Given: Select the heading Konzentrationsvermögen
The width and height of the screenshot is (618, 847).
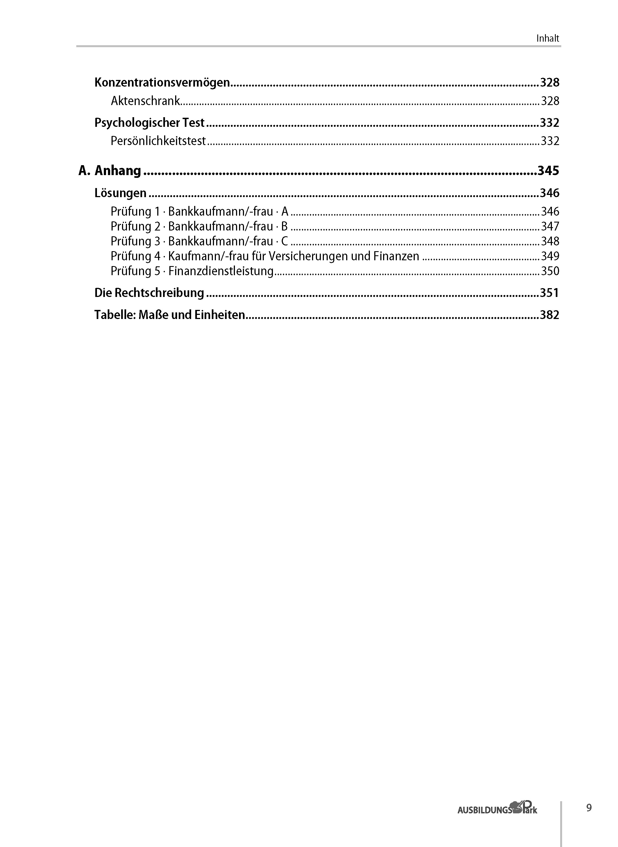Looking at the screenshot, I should [x=162, y=82].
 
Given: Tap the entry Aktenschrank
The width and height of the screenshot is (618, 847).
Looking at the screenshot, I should [x=145, y=101].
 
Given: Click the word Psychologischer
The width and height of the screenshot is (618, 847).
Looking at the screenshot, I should [x=137, y=122].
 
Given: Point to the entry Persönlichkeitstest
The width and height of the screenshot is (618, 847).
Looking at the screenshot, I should [x=158, y=141].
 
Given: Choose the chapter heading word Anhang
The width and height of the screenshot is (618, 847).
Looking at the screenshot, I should [x=118, y=170].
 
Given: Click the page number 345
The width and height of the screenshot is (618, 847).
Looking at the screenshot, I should [x=548, y=170].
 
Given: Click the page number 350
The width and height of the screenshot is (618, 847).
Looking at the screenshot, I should [x=550, y=271].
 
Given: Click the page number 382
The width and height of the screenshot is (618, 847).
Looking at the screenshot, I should [x=549, y=315].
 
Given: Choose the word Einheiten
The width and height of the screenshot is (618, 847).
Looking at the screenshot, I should [x=219, y=315].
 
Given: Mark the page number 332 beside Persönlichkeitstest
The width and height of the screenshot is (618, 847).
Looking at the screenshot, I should [x=550, y=141].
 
